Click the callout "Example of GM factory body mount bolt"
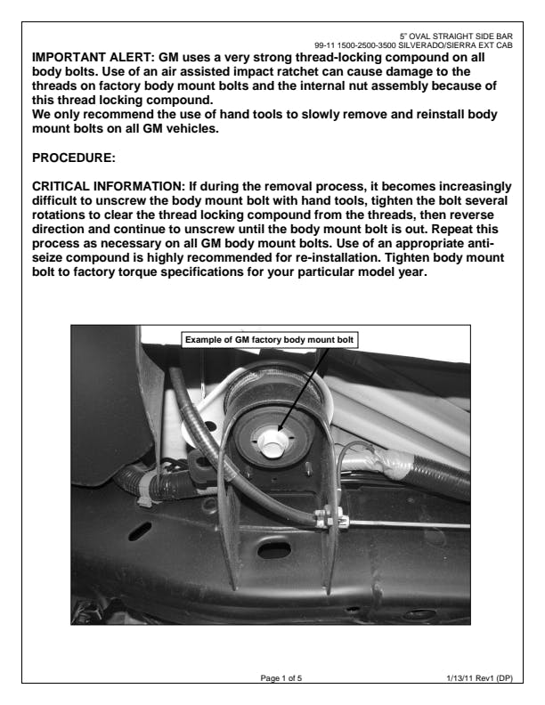(271, 339)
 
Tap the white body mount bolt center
(272, 438)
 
